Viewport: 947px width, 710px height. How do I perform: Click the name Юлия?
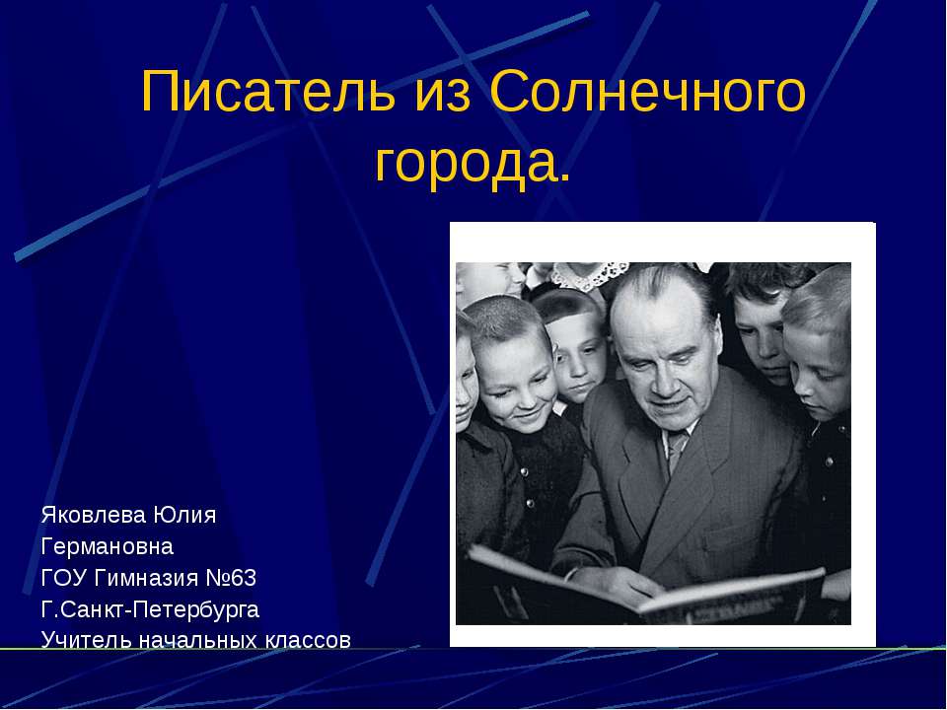(184, 515)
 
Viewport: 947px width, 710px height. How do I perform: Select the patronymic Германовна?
(107, 545)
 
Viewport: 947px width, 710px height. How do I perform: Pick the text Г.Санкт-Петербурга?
(150, 607)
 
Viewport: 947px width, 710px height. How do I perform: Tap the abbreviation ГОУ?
(62, 577)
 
